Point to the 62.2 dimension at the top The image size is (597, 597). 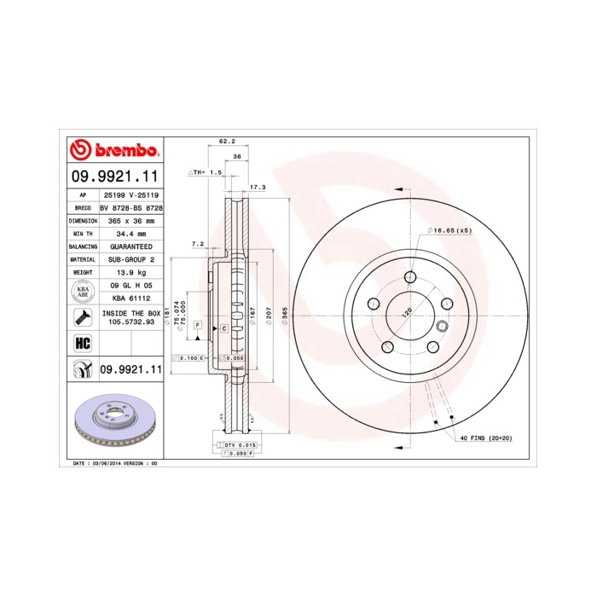tap(226, 142)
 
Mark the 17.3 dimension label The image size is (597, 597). tap(257, 186)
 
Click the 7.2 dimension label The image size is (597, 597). tap(197, 244)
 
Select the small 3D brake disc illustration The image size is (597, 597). tap(113, 423)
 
